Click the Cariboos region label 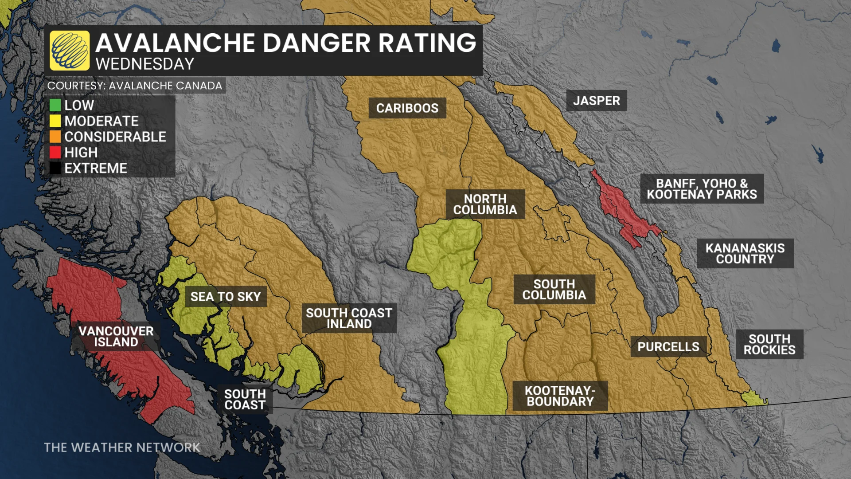point(407,108)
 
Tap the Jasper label point(596,101)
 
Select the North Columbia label point(485,204)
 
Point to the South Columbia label point(554,290)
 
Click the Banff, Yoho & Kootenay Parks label point(702,189)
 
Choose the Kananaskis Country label point(745,254)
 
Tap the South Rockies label point(769,345)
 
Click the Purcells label point(668,347)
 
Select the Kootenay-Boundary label point(560,396)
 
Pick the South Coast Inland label point(349,318)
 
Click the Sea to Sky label point(226,297)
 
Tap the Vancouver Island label point(116,337)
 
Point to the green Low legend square point(55,106)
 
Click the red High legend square point(55,153)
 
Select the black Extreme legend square point(55,169)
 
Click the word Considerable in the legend point(115,137)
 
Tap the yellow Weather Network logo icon point(70,51)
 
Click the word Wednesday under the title point(145,64)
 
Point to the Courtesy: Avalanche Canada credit point(135,86)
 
